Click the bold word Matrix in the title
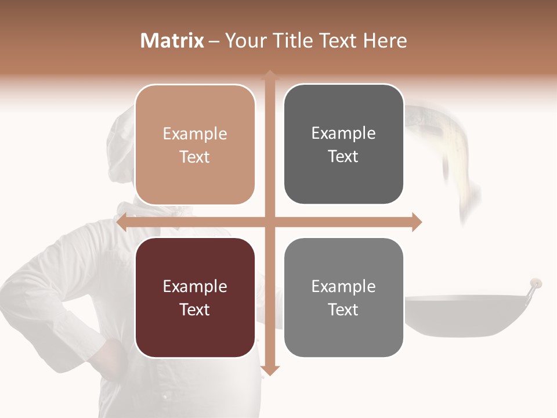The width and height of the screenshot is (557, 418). pyautogui.click(x=172, y=41)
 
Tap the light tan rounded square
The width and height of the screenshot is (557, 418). pyautogui.click(x=195, y=145)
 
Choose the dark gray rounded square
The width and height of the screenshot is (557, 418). pyautogui.click(x=343, y=145)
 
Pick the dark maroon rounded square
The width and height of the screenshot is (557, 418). pyautogui.click(x=195, y=298)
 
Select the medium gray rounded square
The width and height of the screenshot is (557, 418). pyautogui.click(x=343, y=298)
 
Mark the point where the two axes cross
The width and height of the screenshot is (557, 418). pyautogui.click(x=269, y=222)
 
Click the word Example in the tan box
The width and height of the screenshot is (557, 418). pyautogui.click(x=195, y=134)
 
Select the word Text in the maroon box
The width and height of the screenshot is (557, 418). pyautogui.click(x=195, y=310)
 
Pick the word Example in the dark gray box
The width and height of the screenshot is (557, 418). pyautogui.click(x=343, y=134)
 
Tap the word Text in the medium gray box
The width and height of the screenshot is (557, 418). pyautogui.click(x=343, y=310)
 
